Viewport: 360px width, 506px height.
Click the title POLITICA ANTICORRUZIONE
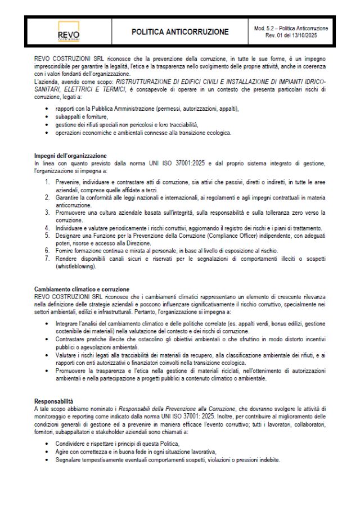coord(180,32)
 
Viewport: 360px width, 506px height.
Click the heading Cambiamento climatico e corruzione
coord(82,290)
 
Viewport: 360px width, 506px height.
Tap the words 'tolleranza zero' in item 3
coord(301,213)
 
